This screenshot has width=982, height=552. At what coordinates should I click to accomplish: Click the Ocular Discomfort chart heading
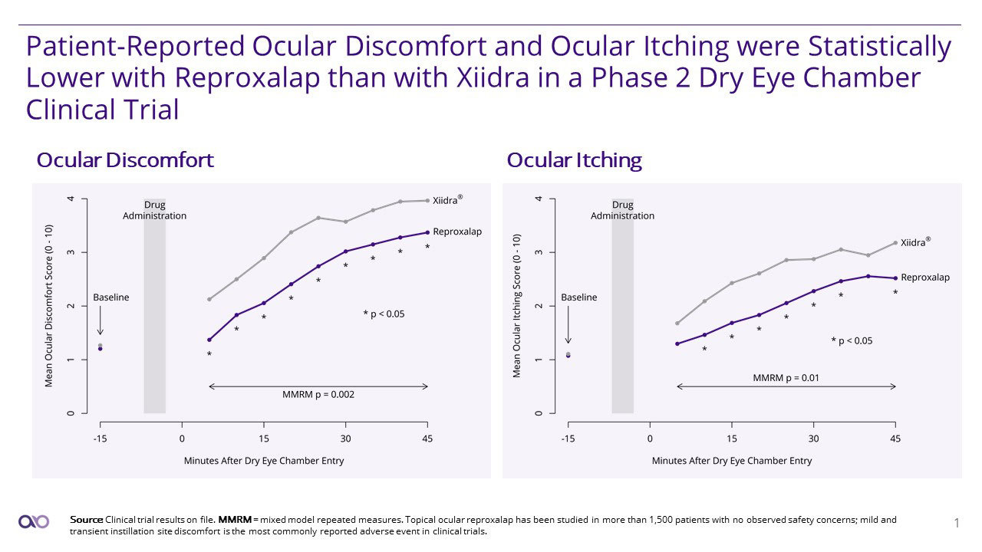[125, 160]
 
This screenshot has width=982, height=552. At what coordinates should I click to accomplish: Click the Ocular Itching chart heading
[574, 160]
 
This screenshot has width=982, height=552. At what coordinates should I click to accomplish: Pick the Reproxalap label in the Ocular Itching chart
[924, 278]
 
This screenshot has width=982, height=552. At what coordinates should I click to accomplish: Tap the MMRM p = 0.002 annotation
[318, 395]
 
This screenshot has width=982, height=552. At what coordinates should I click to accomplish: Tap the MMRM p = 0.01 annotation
[785, 377]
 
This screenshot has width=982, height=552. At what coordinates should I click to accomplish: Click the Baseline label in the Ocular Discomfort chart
[110, 297]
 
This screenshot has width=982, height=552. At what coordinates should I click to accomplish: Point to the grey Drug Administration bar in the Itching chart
[622, 322]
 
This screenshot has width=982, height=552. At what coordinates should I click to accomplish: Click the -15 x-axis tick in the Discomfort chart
[100, 439]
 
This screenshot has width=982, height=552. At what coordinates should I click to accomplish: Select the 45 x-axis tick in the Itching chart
[895, 439]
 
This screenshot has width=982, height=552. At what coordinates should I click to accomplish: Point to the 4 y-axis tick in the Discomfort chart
[71, 199]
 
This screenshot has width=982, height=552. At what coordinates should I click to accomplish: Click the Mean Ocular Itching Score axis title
[516, 307]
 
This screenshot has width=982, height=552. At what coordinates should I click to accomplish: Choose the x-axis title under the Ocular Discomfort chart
[264, 461]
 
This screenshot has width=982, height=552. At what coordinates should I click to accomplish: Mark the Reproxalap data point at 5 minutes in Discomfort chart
[209, 340]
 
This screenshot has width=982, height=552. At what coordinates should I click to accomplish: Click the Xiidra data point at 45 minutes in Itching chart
[895, 243]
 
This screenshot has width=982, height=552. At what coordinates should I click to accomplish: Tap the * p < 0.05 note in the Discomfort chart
[384, 314]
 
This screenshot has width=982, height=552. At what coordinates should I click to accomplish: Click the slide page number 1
[956, 524]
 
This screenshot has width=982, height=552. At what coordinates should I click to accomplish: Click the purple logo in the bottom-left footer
[34, 521]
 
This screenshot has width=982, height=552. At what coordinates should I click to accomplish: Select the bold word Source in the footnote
[86, 520]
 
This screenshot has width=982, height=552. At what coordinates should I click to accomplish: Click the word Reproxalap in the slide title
[256, 78]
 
